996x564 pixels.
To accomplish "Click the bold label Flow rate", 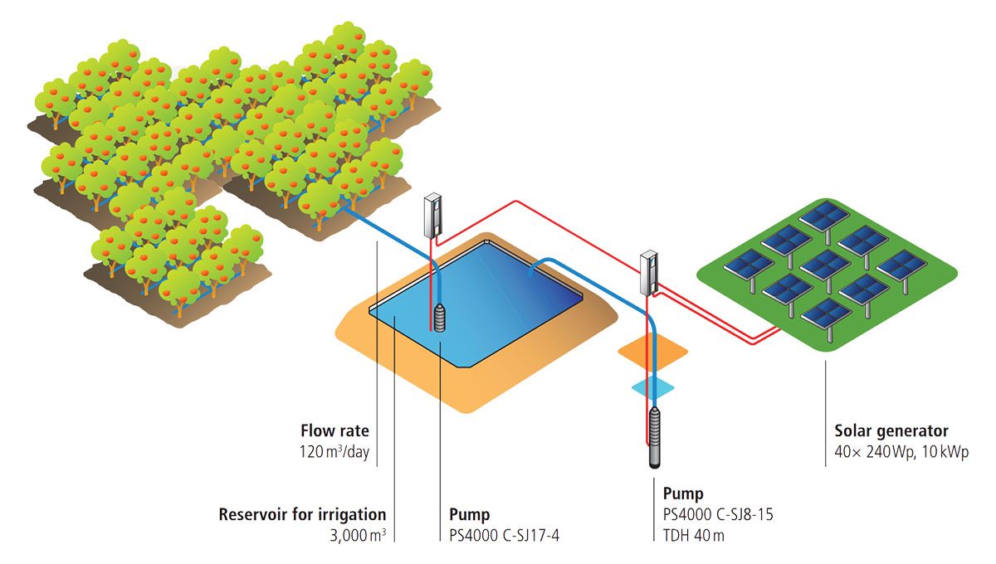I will (334, 431).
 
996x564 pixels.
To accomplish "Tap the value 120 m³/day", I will (334, 453).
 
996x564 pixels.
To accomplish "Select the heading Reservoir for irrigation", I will (302, 514).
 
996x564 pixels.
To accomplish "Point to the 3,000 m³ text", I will (358, 536).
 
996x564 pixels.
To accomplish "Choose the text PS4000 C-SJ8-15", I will (719, 514).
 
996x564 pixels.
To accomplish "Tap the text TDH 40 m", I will (694, 536).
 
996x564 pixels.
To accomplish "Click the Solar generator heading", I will (891, 431).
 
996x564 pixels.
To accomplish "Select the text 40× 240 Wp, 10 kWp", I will (901, 453).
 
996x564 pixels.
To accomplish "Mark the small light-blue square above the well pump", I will (652, 387).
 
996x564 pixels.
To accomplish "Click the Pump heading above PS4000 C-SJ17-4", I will (469, 514).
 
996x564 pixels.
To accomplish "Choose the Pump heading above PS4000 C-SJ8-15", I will (683, 493).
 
